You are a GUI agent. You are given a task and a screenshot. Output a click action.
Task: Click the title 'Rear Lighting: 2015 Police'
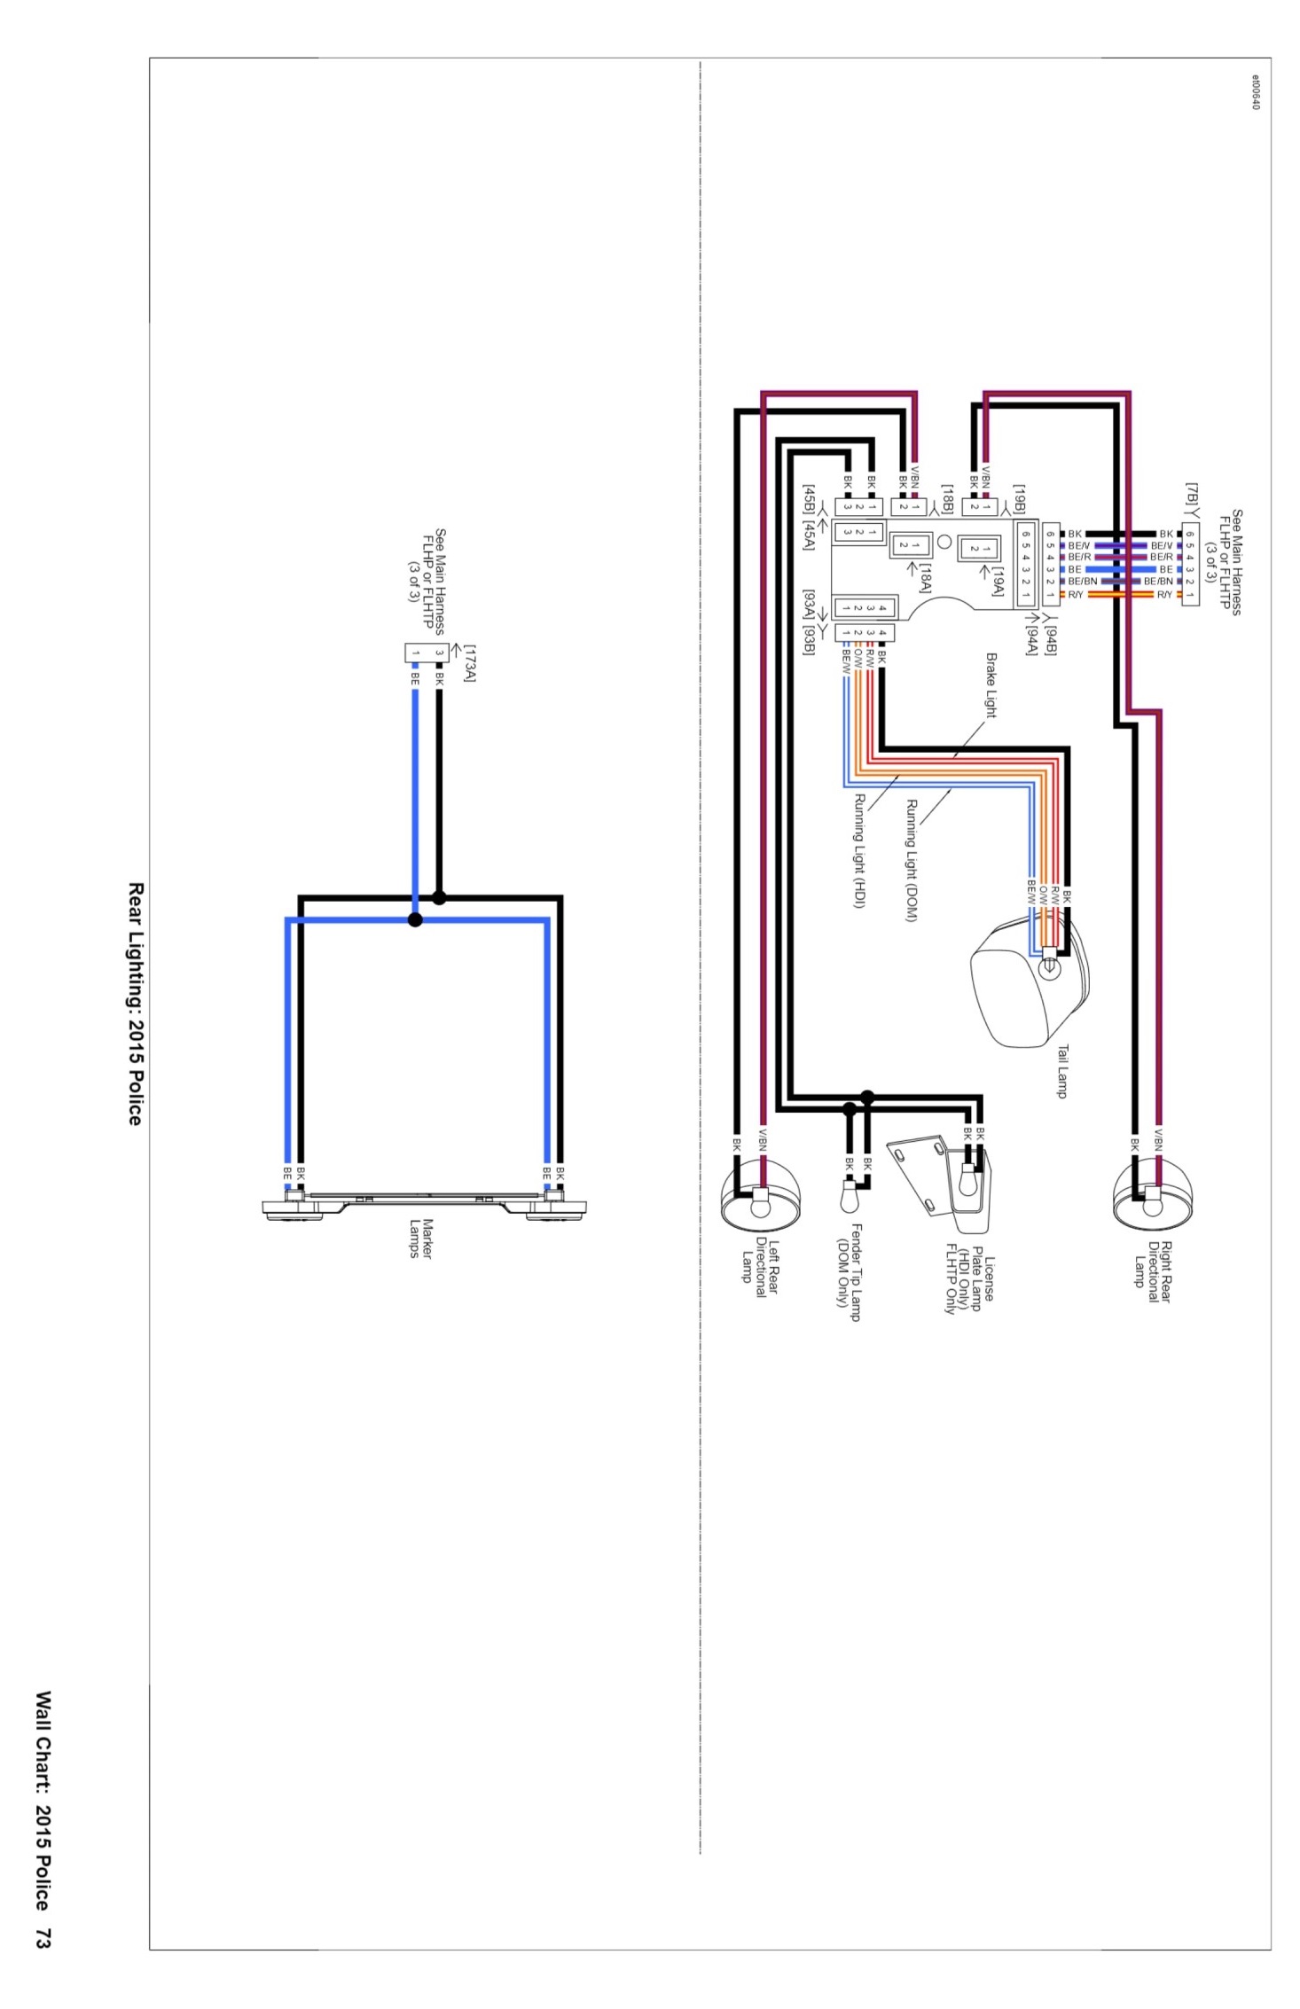tap(135, 1004)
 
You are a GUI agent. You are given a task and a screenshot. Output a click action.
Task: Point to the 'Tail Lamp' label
tap(1061, 1071)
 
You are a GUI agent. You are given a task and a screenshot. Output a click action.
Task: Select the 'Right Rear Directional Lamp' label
tap(1153, 1270)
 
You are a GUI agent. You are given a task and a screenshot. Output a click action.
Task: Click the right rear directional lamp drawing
tap(1153, 1194)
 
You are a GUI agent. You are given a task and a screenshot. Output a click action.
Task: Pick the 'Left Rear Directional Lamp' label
tap(760, 1267)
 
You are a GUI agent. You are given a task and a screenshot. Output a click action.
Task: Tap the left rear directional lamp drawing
tap(760, 1194)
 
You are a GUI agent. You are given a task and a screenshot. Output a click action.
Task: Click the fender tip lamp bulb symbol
tap(848, 1196)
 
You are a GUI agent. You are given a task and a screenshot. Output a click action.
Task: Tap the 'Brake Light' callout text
tap(991, 685)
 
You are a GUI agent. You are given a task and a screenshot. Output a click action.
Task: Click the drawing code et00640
tap(1255, 91)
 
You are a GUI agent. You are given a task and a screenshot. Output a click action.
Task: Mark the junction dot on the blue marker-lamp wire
tap(415, 919)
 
